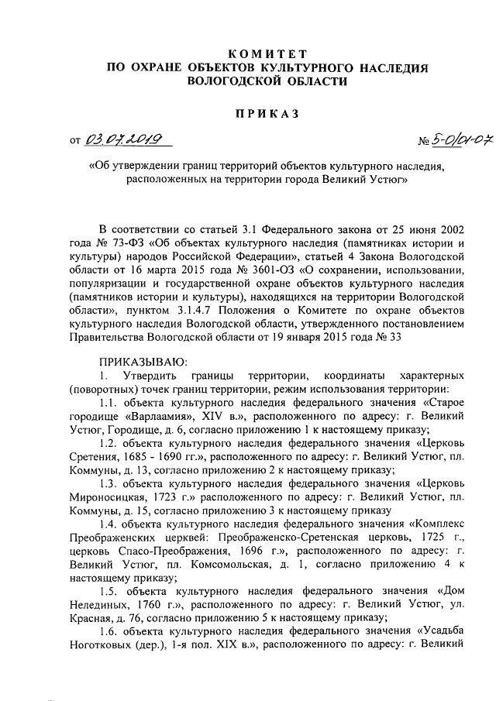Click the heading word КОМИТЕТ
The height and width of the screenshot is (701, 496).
tap(267, 53)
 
